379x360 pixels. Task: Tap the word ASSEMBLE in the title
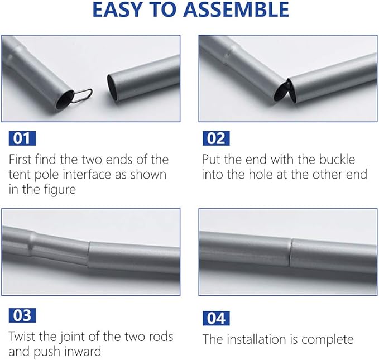point(236,9)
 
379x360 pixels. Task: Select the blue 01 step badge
point(22,138)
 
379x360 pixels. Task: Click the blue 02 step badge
point(216,138)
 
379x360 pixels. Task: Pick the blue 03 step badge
point(22,315)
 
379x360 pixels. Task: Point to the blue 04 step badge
point(216,318)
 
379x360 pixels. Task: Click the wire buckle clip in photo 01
point(81,95)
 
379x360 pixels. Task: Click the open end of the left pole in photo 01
point(65,99)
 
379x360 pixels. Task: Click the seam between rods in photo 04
point(291,253)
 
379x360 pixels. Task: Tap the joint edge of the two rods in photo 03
point(88,254)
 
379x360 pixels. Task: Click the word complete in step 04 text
point(327,340)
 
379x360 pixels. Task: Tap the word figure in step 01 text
point(59,190)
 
